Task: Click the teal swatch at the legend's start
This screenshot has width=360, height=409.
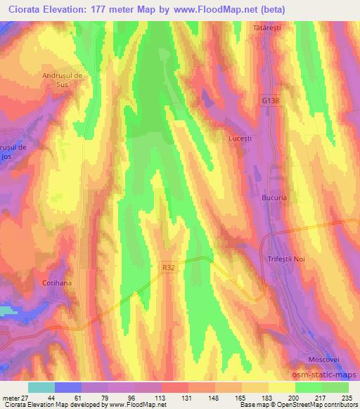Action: [41, 387]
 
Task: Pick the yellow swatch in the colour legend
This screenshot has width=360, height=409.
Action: [281, 387]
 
